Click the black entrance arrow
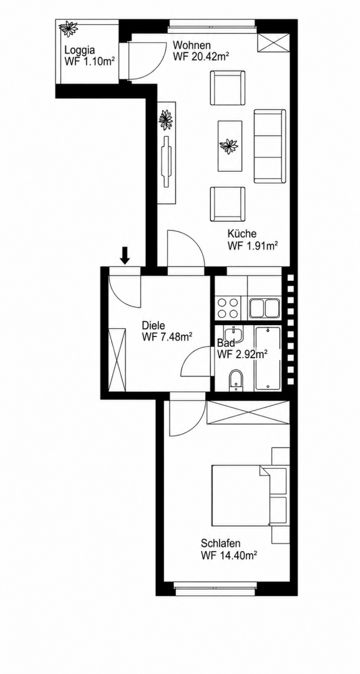point(125,255)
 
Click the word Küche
point(242,234)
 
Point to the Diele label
point(153,326)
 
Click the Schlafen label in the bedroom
point(220,542)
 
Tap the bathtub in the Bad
point(267,358)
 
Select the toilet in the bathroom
point(235,380)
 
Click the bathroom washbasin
point(235,333)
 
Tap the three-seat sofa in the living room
point(270,145)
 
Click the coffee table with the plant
point(230,145)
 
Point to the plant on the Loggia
point(68,29)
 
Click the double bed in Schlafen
point(249,495)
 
